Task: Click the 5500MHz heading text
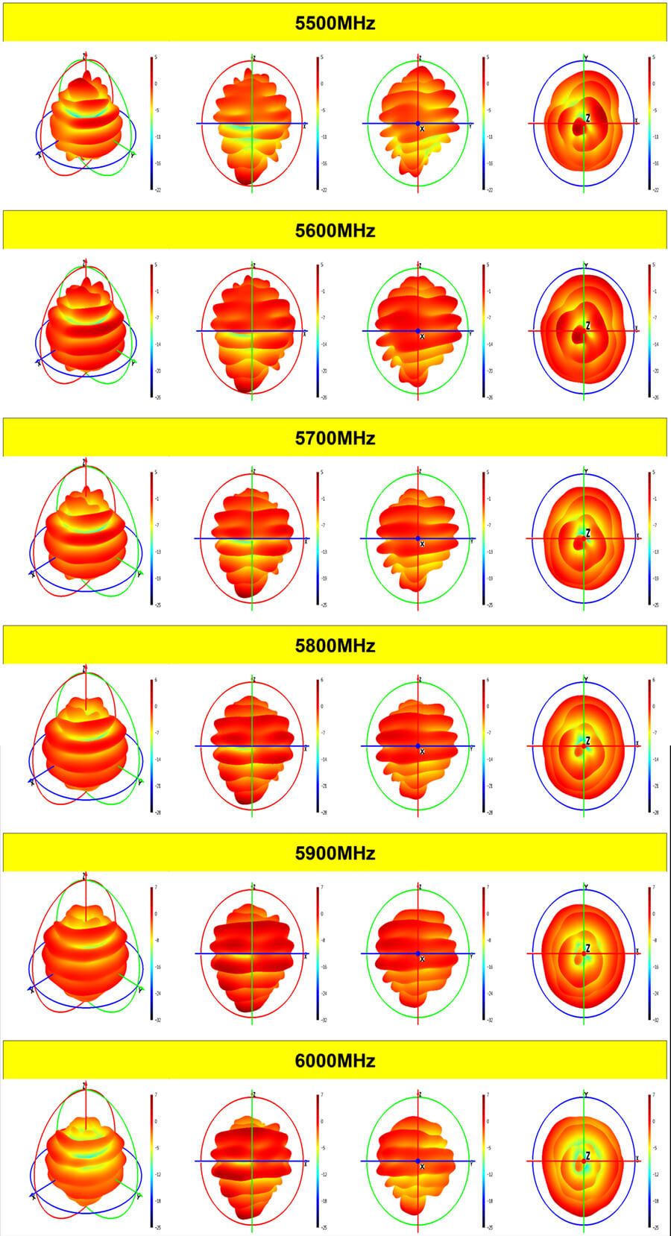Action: (335, 23)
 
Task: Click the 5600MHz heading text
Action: (335, 230)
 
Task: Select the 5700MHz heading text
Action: (335, 438)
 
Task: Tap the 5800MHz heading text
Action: (335, 646)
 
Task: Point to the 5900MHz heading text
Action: (335, 853)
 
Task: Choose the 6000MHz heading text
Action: (335, 1061)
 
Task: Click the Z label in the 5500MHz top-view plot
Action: (587, 119)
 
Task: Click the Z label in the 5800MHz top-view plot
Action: (587, 741)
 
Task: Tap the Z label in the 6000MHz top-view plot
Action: (587, 1156)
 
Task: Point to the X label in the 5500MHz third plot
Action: (422, 130)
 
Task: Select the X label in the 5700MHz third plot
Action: (422, 545)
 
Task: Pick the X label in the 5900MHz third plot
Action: (422, 959)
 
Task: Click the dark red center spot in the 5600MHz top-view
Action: (578, 336)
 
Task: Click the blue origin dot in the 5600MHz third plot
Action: (418, 331)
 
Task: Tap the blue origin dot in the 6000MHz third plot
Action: (418, 1161)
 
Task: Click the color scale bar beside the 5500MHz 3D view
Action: (151, 123)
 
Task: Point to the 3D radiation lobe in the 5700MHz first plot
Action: (85, 533)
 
